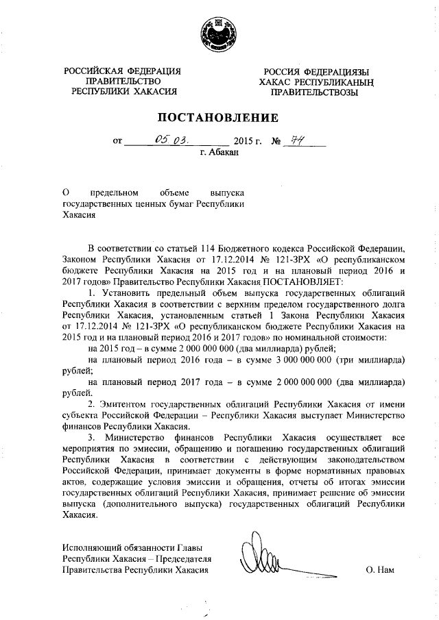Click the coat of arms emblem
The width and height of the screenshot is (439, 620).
pos(219,34)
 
